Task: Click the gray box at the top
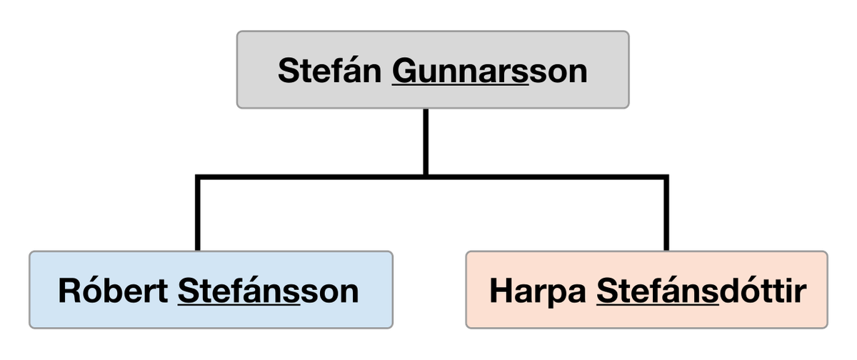pyautogui.click(x=433, y=69)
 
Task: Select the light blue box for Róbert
pyautogui.click(x=211, y=289)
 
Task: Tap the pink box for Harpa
pyautogui.click(x=646, y=289)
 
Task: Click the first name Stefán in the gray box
pyautogui.click(x=329, y=70)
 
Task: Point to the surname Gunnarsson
pyautogui.click(x=489, y=71)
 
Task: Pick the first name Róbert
pyautogui.click(x=113, y=291)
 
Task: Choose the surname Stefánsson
pyautogui.click(x=269, y=291)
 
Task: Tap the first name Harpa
pyautogui.click(x=538, y=291)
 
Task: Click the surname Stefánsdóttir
pyautogui.click(x=701, y=291)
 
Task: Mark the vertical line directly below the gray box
pyautogui.click(x=426, y=142)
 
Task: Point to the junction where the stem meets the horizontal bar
pyautogui.click(x=426, y=177)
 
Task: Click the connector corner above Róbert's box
pyautogui.click(x=197, y=177)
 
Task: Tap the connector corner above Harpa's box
pyautogui.click(x=666, y=177)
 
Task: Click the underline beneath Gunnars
pyautogui.click(x=460, y=84)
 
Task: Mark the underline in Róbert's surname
pyautogui.click(x=239, y=304)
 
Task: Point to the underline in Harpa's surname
pyautogui.click(x=658, y=304)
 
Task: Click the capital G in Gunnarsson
pyautogui.click(x=404, y=70)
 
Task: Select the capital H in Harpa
pyautogui.click(x=501, y=291)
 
